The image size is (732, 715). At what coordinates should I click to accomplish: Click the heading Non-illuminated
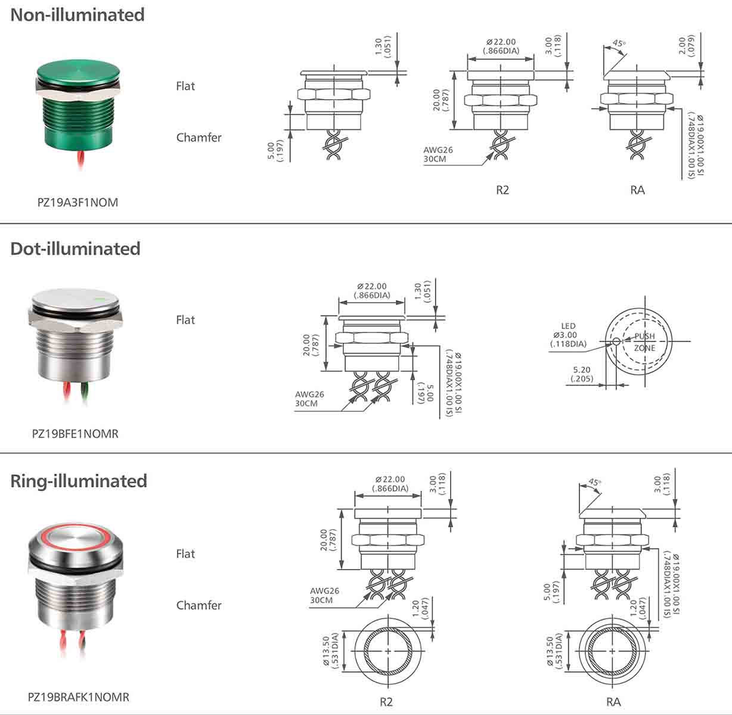(x=77, y=14)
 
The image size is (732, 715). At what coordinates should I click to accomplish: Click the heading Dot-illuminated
(x=75, y=248)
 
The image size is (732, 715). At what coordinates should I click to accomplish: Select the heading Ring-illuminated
(x=79, y=481)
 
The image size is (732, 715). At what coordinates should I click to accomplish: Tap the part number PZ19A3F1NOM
(x=77, y=202)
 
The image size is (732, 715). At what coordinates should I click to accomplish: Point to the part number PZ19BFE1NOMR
(x=75, y=434)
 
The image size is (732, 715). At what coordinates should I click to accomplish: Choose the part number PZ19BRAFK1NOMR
(x=79, y=697)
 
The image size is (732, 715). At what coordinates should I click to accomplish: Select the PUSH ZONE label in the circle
(x=644, y=342)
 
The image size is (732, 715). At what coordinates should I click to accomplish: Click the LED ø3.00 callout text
(x=568, y=335)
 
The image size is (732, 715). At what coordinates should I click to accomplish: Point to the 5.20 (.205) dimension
(x=581, y=374)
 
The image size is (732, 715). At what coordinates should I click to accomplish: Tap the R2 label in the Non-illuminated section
(x=503, y=190)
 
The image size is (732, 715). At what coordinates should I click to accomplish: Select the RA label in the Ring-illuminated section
(x=613, y=702)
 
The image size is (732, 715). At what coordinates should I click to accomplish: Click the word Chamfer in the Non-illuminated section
(x=198, y=138)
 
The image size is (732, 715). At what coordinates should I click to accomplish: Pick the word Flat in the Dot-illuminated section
(x=185, y=320)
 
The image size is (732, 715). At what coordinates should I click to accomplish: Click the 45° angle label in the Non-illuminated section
(x=619, y=44)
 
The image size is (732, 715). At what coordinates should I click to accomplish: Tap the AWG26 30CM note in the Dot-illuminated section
(x=309, y=399)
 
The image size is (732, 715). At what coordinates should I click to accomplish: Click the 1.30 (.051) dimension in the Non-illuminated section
(x=382, y=47)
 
